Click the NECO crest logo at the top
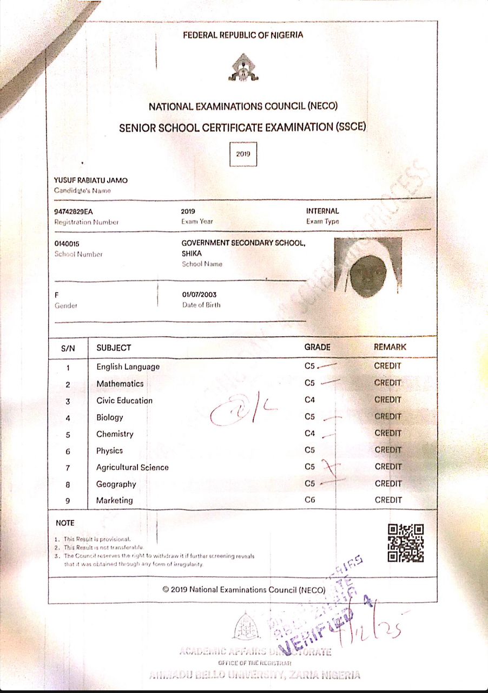click(243, 68)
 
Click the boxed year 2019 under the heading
click(243, 154)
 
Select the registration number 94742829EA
click(70, 211)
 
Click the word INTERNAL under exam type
click(322, 211)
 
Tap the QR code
click(406, 543)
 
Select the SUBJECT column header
click(114, 348)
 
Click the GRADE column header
click(317, 347)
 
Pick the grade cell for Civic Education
click(309, 400)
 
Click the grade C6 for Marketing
click(309, 500)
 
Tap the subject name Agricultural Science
click(133, 467)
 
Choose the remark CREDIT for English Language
click(388, 366)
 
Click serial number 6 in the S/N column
click(68, 452)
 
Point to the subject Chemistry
click(115, 434)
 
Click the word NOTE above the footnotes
click(65, 523)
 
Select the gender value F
click(56, 295)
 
